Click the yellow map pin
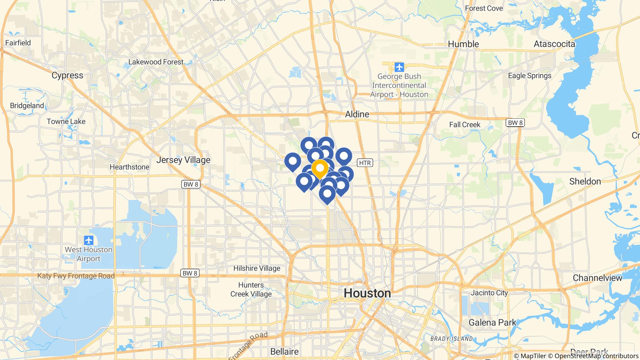coord(320,168)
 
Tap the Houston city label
coord(367,293)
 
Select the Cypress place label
coord(67,75)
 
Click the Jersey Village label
coord(183,160)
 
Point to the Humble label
coord(463,44)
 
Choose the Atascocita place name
coord(554,44)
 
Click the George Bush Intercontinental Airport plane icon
coord(399,67)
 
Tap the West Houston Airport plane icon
coord(89,240)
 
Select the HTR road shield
coord(365,163)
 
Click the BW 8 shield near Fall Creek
coord(515,123)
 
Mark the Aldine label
coord(357,114)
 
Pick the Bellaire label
coord(284,352)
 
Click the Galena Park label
coord(492,322)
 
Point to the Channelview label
coord(597,278)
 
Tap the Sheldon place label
coord(585,181)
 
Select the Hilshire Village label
coord(257,268)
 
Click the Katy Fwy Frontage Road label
coord(76,276)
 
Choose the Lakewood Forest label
coord(156,62)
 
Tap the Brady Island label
coord(451,339)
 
